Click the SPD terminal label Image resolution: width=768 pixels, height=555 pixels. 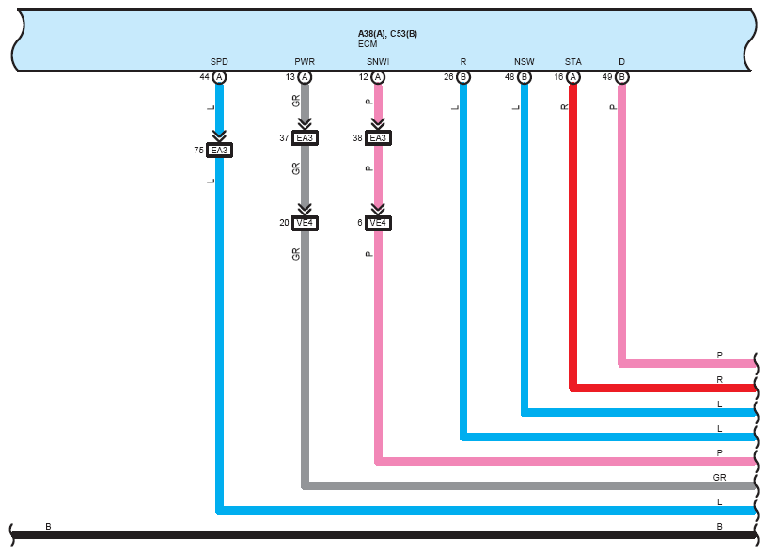(219, 62)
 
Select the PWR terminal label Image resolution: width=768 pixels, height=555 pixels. (305, 62)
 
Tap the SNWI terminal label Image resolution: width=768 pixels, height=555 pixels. (378, 62)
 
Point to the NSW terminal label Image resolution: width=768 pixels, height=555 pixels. (525, 62)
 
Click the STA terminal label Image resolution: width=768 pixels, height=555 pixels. (572, 62)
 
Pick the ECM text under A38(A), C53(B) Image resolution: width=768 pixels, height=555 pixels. (368, 44)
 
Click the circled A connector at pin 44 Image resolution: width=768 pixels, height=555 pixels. (219, 77)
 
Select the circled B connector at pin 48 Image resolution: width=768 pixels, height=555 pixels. (525, 77)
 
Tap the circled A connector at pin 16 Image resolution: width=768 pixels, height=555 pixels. (572, 77)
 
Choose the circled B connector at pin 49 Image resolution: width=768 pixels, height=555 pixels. (621, 77)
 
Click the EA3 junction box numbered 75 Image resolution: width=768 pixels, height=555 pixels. (219, 150)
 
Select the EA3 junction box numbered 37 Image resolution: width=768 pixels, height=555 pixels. (305, 137)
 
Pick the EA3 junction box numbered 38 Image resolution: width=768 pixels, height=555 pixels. (378, 137)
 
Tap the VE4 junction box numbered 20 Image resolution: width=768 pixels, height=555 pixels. (305, 223)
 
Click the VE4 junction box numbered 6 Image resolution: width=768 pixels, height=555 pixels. (378, 223)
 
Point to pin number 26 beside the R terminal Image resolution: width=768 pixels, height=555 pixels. (448, 77)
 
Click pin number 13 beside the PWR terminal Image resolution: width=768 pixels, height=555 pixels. (290, 77)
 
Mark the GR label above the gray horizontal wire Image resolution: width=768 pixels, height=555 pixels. (719, 477)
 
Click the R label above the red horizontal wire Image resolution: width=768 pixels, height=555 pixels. (719, 379)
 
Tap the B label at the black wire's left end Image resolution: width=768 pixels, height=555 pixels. (48, 526)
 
